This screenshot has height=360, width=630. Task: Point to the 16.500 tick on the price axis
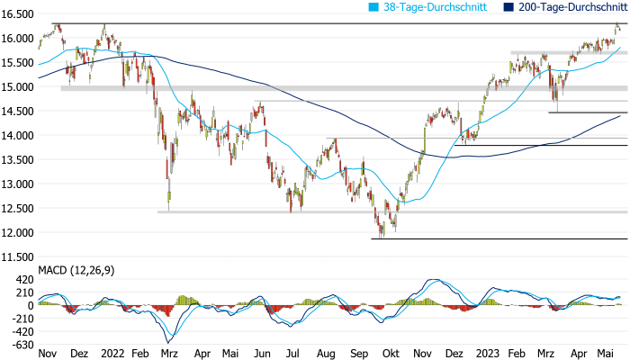17,14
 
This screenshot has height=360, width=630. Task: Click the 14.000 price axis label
17,136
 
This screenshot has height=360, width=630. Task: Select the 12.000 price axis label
17,233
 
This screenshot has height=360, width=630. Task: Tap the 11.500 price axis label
17,257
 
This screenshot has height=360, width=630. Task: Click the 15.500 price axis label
17,63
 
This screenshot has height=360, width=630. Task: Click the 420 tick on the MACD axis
22,280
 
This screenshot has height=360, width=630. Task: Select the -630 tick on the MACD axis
20,345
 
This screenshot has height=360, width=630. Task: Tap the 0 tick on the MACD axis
30,305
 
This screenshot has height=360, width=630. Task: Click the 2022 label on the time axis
112,355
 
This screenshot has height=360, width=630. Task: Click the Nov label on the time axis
49,355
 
